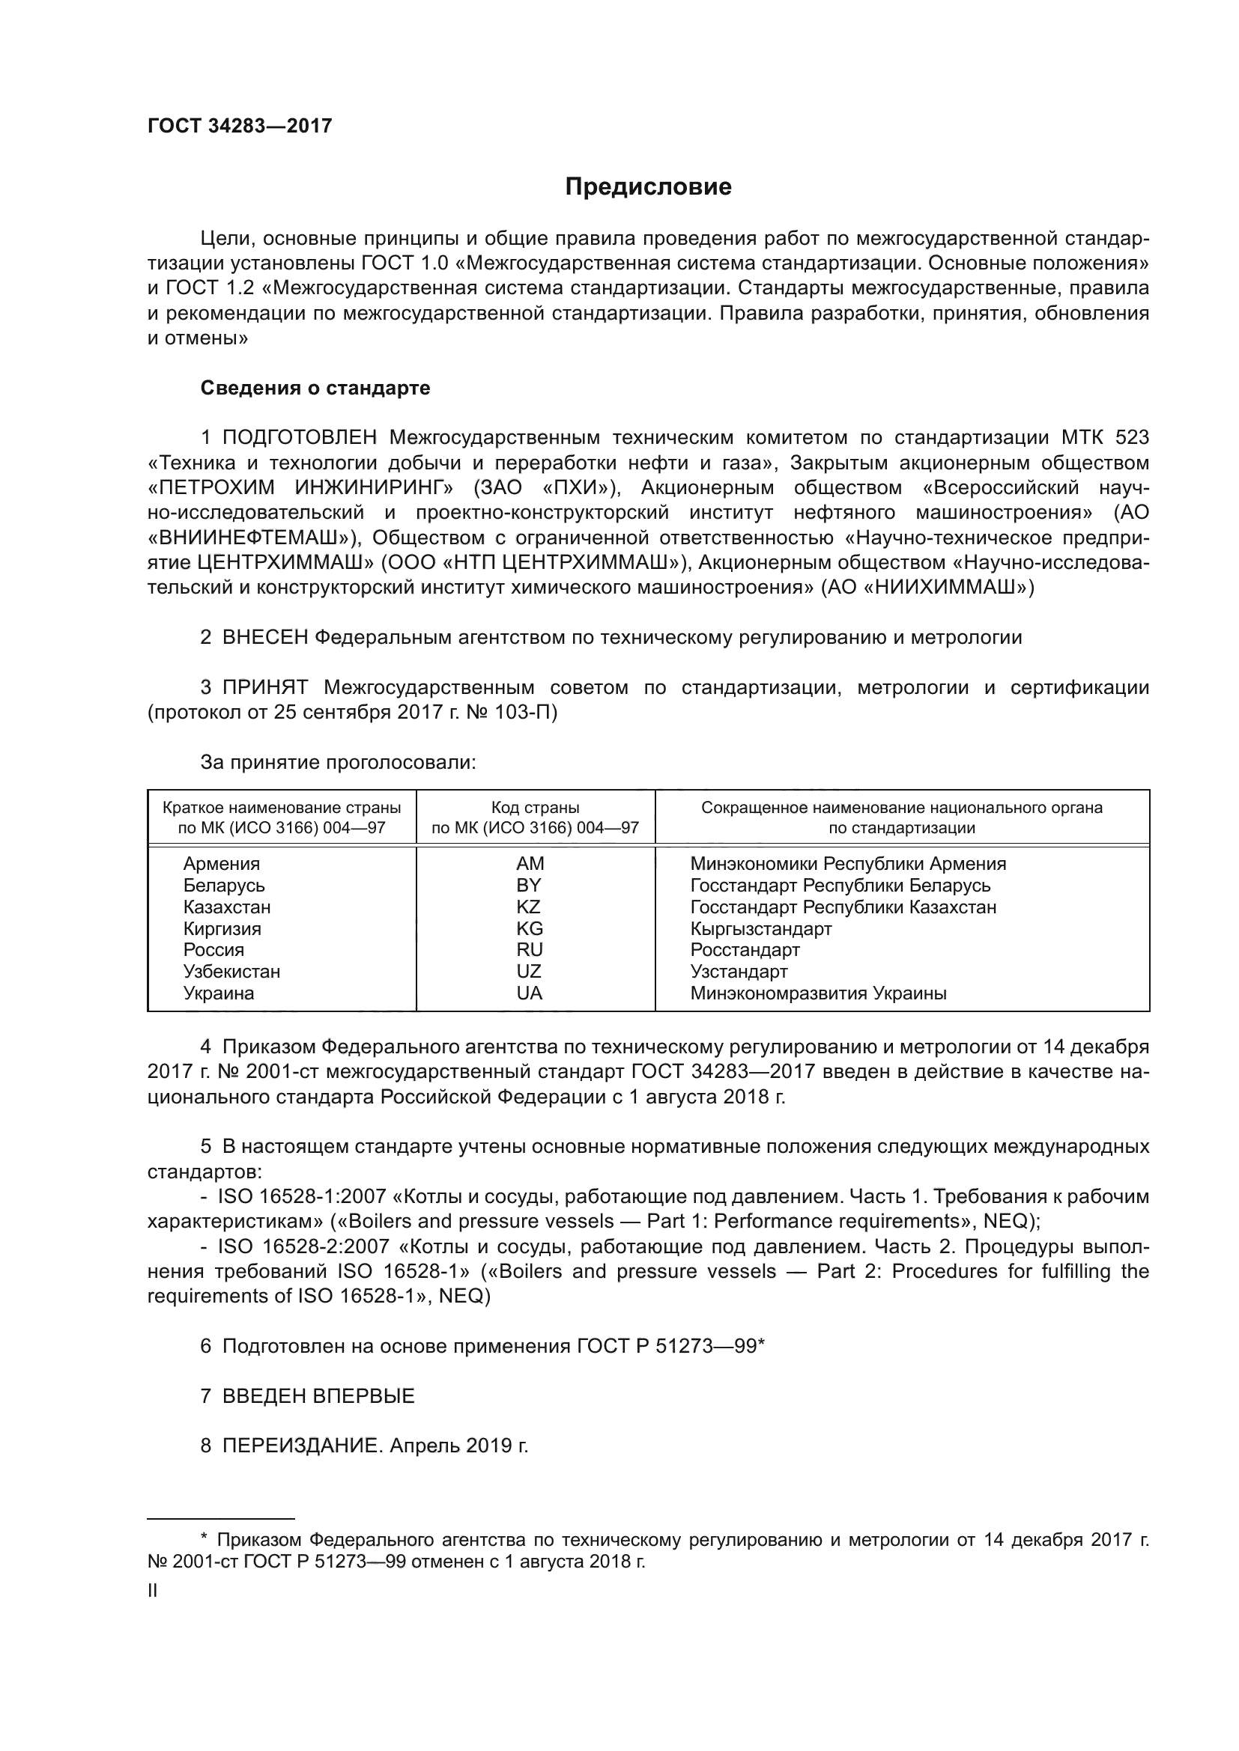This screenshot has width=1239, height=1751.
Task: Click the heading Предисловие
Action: tap(648, 187)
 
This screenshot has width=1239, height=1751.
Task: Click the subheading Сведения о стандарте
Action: tap(315, 389)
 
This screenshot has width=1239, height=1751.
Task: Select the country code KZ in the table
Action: tap(528, 907)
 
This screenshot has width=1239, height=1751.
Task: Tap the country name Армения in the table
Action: tap(221, 863)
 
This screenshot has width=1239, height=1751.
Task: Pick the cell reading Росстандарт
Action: tap(745, 949)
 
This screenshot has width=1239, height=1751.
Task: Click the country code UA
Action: tap(529, 993)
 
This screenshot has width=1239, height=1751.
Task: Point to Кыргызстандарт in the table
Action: tap(760, 928)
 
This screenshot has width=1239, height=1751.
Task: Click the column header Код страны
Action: tap(535, 807)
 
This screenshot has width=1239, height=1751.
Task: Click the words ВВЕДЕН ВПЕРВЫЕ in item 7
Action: tap(318, 1395)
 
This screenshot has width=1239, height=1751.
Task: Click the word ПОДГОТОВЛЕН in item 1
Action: tap(299, 438)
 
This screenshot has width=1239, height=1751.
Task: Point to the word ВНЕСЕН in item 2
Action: tap(264, 637)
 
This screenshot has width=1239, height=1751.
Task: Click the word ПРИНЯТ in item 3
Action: tap(264, 687)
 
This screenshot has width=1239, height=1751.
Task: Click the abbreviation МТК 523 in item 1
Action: tap(1104, 438)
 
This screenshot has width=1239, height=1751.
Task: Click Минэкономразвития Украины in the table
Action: tap(818, 993)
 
